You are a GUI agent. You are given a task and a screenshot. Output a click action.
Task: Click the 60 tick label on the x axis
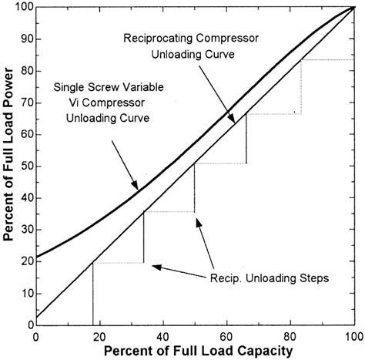[x=226, y=336]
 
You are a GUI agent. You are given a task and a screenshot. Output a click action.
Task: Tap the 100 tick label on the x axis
[x=353, y=336]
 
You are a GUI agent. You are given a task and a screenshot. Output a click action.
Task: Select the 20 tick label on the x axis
[x=99, y=336]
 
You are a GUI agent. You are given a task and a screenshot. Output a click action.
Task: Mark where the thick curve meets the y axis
[x=36, y=257]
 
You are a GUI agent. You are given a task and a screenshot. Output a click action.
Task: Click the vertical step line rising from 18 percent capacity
[x=92, y=294]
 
